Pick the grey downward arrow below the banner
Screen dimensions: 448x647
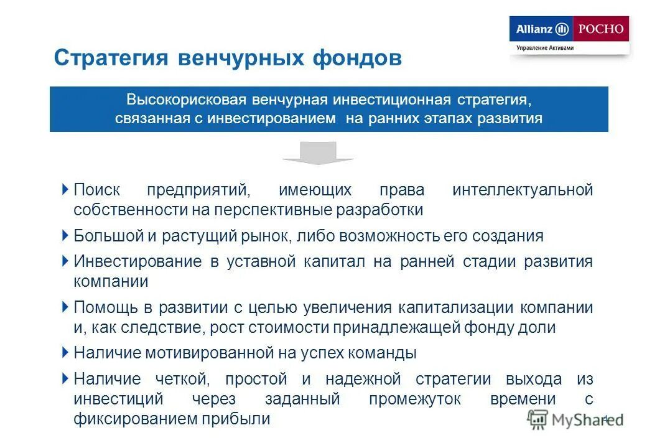318,153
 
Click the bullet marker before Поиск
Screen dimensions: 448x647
66,189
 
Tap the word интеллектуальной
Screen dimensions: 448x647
523,190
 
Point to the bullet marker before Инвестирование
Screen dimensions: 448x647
66,261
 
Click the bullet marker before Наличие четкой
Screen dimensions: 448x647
66,378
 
